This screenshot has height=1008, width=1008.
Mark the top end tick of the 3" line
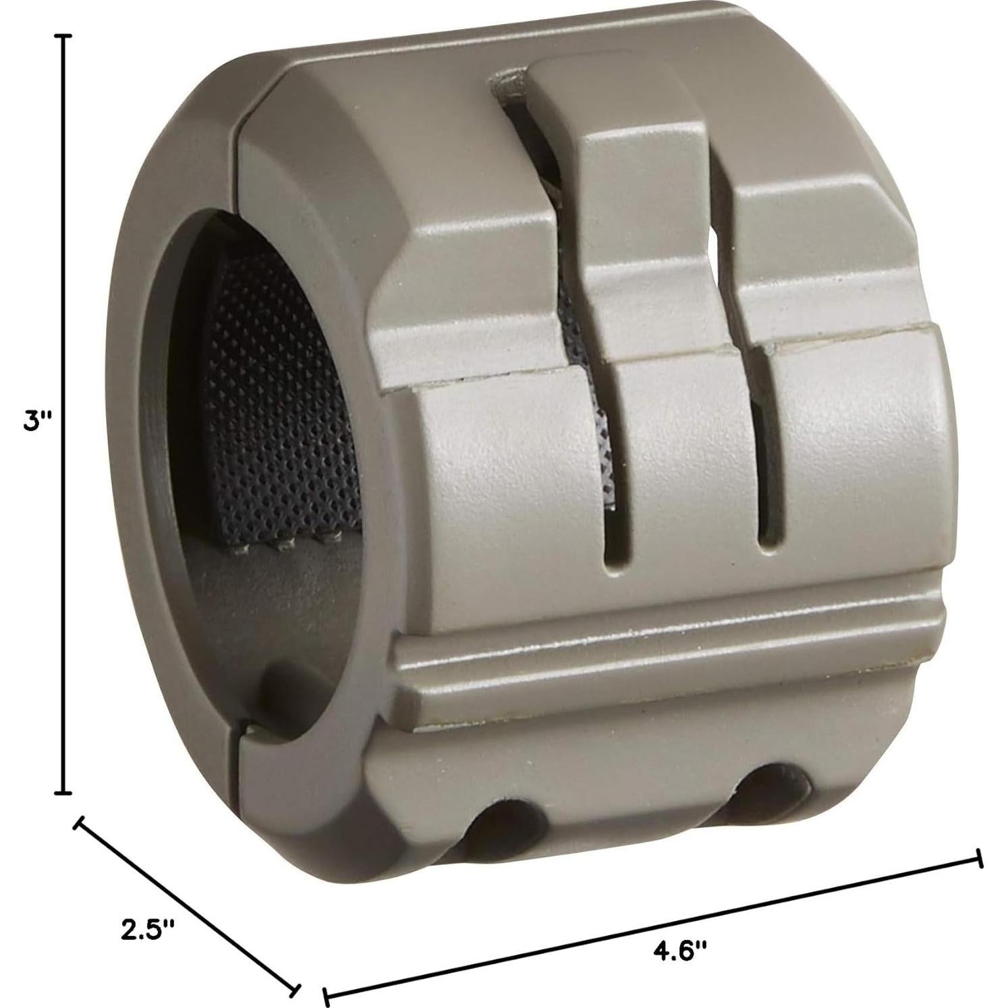click(63, 37)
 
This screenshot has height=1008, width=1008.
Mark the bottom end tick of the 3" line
click(63, 792)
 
